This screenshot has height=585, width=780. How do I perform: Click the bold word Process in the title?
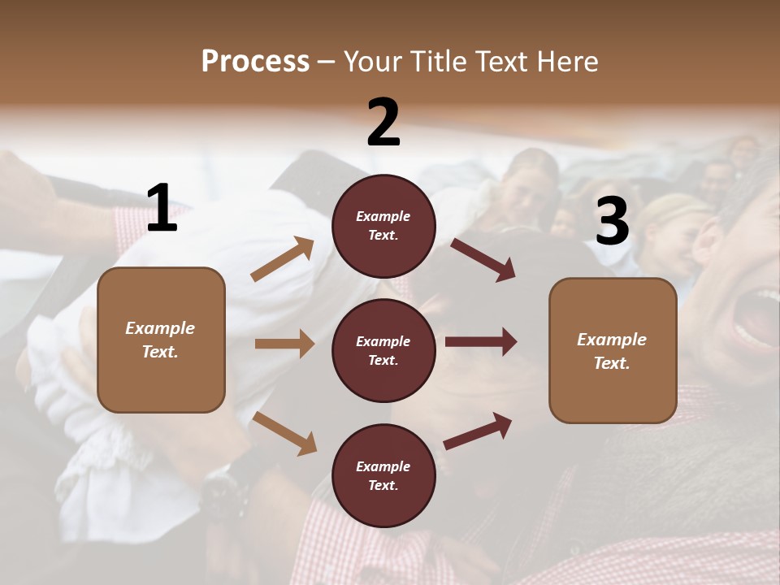255,61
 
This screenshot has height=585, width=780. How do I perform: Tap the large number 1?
162,208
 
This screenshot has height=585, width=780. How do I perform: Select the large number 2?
383,122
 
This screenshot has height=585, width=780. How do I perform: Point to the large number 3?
613,222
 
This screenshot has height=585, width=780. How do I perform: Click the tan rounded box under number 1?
161,340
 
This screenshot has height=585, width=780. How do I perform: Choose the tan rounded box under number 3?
613,350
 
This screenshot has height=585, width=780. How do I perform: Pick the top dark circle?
383,226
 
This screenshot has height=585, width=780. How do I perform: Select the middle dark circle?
383,350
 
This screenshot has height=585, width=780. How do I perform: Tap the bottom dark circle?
383,475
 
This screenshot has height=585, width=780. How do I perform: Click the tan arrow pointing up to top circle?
283,259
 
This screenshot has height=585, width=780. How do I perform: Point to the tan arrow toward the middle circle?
284,344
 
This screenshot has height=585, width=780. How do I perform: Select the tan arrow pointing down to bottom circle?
284,433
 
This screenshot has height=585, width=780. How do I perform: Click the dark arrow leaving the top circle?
483,259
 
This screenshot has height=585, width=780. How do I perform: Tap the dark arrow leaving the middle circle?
480,341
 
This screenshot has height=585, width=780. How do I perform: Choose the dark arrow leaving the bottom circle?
478,431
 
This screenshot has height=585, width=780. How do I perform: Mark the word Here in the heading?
569,61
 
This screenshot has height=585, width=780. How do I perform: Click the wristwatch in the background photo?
223,487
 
